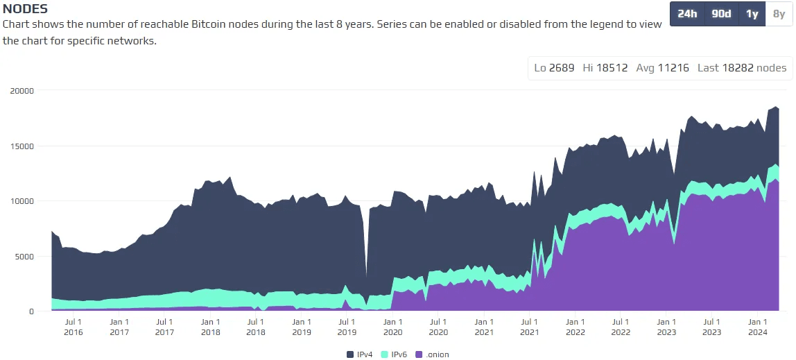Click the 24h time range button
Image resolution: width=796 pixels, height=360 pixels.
(687, 14)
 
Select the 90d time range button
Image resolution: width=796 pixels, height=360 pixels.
(721, 14)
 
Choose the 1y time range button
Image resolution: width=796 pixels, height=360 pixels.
(752, 14)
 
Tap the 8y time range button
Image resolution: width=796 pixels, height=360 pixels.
(779, 14)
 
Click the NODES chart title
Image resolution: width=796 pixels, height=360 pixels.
(26, 9)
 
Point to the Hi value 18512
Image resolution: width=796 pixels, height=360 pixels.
(613, 68)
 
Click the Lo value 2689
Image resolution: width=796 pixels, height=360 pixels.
(562, 68)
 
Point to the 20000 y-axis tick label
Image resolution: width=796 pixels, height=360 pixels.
(21, 90)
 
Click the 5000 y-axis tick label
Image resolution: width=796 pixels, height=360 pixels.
(24, 257)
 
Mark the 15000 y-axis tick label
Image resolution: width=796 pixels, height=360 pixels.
(21, 146)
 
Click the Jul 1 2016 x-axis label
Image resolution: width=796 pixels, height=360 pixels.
(73, 327)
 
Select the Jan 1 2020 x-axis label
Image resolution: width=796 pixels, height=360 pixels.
(392, 327)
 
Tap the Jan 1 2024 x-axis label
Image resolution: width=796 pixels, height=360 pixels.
(757, 327)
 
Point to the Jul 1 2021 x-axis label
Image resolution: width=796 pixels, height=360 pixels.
(529, 327)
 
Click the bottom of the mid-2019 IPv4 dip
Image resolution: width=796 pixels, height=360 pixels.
(366, 276)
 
